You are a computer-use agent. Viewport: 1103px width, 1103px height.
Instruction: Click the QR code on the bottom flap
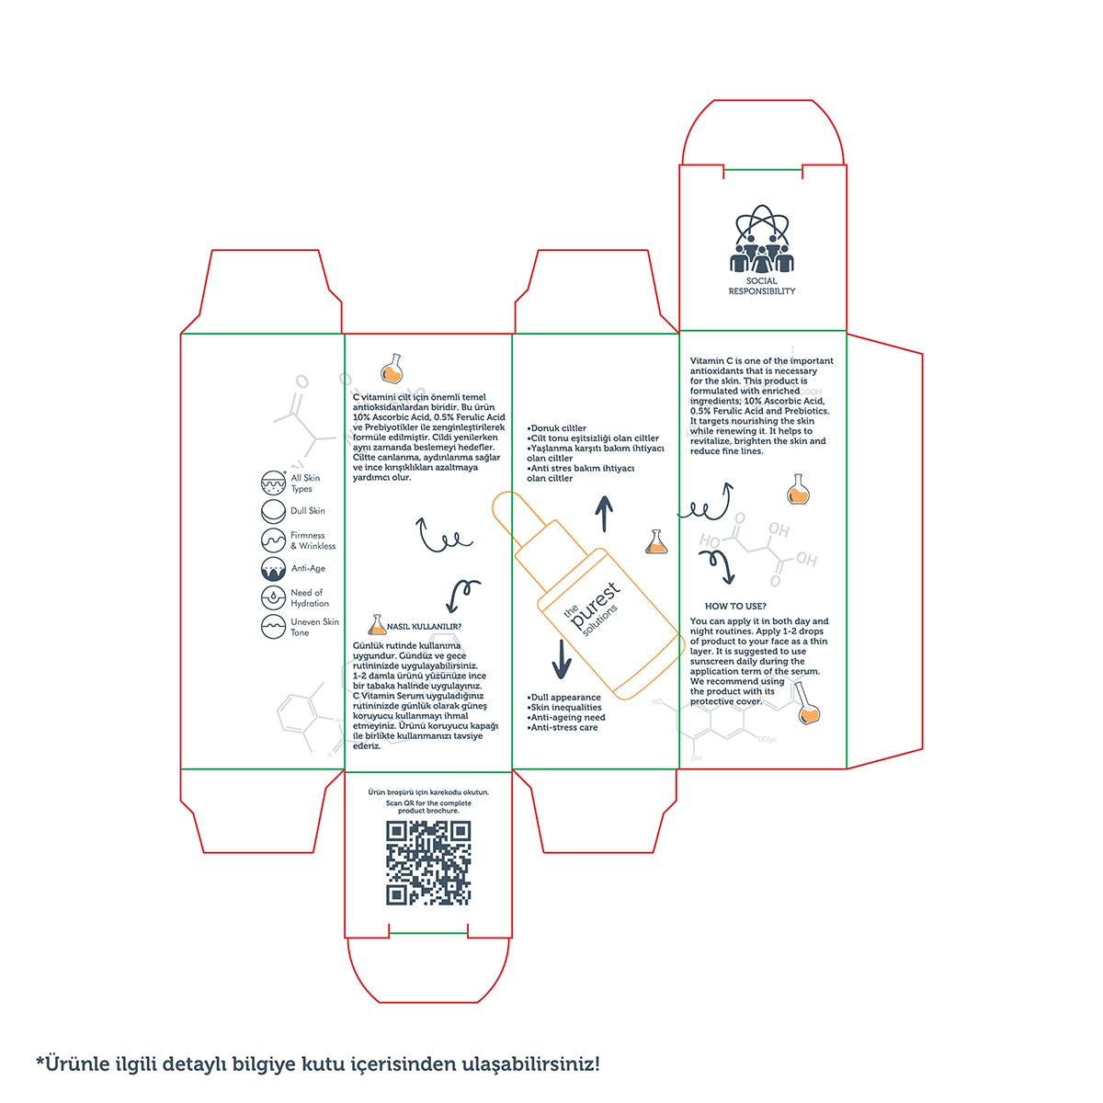(x=427, y=862)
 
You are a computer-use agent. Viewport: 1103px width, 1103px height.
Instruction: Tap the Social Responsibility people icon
(x=761, y=238)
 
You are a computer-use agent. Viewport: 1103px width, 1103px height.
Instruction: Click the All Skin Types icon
(x=273, y=483)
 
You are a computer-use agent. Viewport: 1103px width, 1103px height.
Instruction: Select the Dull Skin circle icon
(x=273, y=511)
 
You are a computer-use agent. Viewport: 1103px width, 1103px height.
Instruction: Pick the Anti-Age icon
(x=273, y=568)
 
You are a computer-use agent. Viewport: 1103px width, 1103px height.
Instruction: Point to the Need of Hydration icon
(x=273, y=597)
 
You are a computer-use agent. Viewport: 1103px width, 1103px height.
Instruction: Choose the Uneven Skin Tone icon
(x=273, y=627)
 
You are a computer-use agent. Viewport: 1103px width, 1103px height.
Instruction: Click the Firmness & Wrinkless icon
(x=273, y=540)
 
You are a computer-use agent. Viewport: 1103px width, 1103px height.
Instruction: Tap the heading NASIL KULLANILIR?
(x=424, y=627)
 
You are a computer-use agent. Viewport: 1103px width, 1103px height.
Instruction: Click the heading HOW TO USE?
(x=735, y=606)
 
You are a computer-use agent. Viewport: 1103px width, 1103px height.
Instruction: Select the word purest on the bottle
(x=596, y=604)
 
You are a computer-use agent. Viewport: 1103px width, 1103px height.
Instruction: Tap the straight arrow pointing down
(x=561, y=659)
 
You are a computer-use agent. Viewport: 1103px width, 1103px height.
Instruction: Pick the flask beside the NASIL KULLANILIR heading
(x=377, y=624)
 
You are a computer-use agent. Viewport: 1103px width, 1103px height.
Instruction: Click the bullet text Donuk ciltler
(x=556, y=428)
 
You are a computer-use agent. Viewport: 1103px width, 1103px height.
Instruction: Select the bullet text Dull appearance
(x=563, y=697)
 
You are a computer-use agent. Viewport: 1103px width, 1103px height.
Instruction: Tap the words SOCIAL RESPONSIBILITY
(x=762, y=286)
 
